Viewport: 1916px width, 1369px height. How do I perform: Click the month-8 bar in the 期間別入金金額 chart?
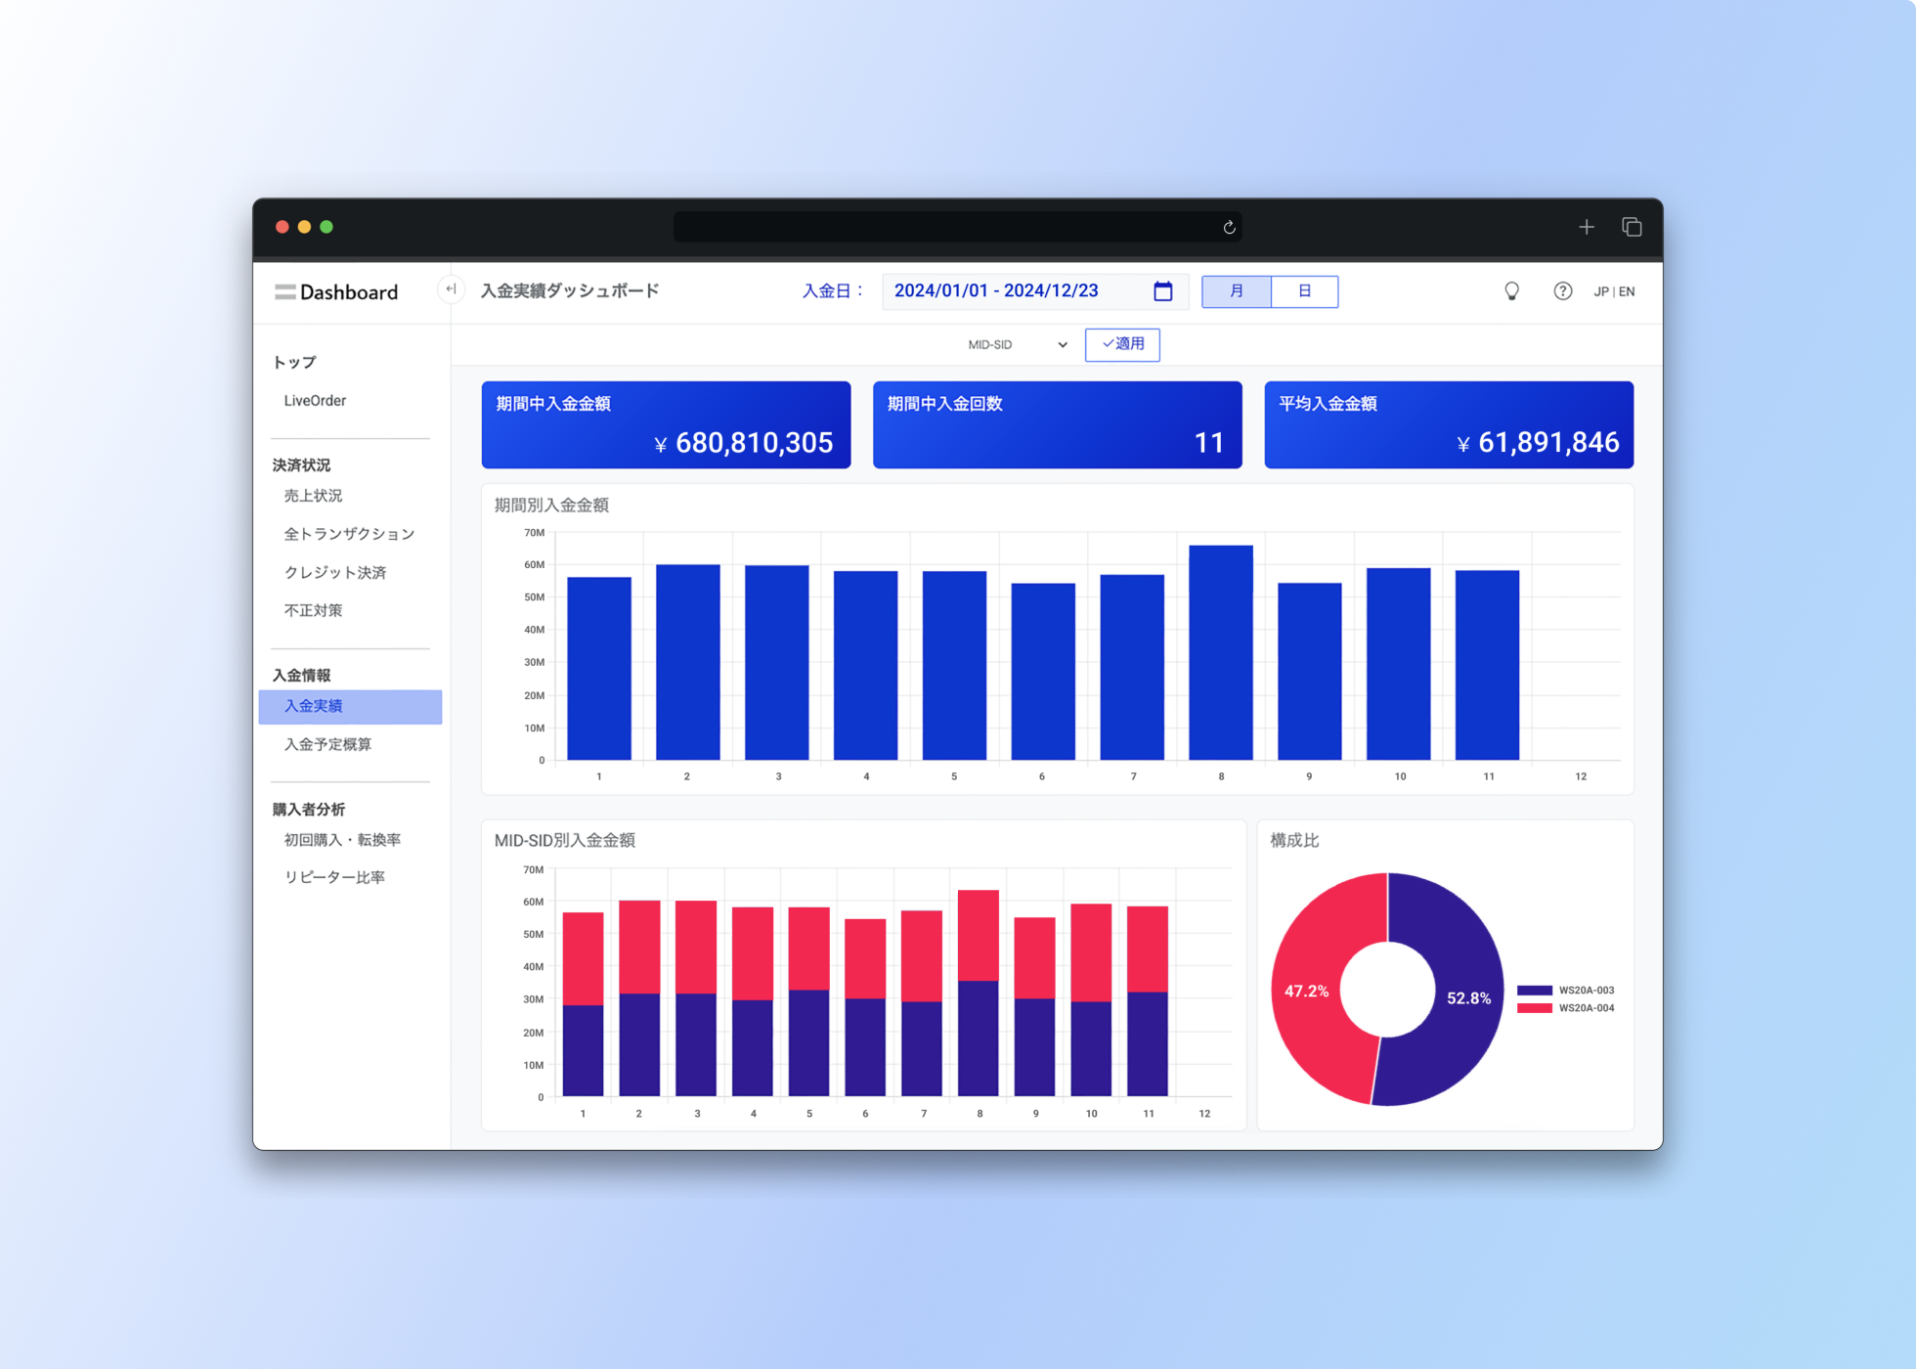1221,652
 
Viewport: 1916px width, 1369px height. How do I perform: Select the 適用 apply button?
1122,344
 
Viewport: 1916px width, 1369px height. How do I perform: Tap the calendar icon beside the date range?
1162,290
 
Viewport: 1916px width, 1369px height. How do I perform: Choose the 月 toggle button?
1237,291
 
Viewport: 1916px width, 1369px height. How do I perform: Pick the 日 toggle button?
1304,291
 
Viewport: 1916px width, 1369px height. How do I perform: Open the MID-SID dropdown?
1017,344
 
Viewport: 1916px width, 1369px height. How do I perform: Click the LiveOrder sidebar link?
315,400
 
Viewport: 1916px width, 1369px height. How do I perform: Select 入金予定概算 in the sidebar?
327,744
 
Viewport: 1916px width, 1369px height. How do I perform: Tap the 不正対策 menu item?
313,610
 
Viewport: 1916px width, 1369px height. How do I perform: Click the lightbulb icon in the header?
1511,291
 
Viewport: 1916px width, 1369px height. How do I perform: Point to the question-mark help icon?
1563,291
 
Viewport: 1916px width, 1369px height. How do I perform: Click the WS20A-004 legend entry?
1566,1008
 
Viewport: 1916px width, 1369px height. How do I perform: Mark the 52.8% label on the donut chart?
1468,998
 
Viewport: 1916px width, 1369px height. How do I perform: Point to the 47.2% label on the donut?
1306,992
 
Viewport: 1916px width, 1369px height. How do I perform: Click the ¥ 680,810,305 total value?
744,443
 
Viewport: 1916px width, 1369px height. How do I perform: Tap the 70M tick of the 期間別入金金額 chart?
535,533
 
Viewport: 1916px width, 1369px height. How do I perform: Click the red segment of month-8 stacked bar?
979,936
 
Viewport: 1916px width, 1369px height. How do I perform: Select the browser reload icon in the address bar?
1229,227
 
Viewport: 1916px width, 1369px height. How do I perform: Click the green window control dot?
327,227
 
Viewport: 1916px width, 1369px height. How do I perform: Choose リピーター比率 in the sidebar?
334,877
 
